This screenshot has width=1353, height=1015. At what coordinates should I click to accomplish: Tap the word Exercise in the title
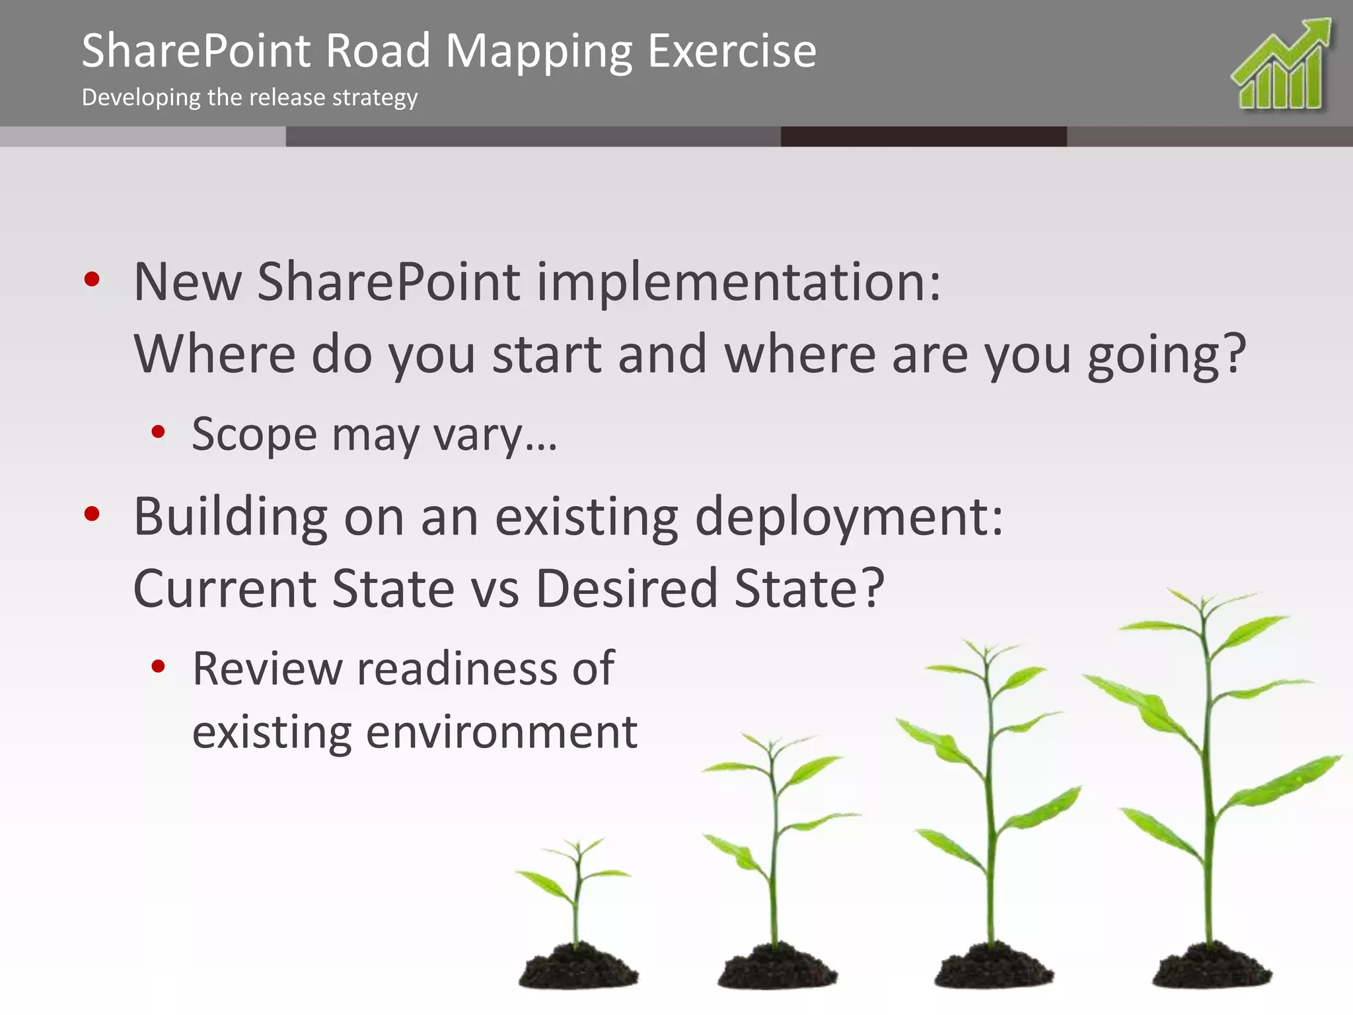click(732, 52)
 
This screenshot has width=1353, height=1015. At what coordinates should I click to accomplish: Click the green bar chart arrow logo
click(1282, 66)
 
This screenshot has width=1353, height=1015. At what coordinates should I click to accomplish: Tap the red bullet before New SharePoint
click(92, 280)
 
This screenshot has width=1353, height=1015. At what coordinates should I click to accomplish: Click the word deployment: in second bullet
click(849, 517)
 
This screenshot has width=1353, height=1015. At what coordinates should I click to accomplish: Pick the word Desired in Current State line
click(626, 588)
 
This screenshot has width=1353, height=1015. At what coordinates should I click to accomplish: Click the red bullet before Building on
click(92, 513)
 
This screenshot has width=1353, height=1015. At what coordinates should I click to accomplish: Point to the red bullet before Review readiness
click(158, 666)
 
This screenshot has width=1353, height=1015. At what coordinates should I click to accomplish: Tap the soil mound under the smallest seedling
click(577, 968)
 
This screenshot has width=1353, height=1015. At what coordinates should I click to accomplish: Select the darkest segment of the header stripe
click(923, 137)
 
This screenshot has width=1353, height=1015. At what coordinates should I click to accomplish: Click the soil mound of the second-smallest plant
click(777, 968)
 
